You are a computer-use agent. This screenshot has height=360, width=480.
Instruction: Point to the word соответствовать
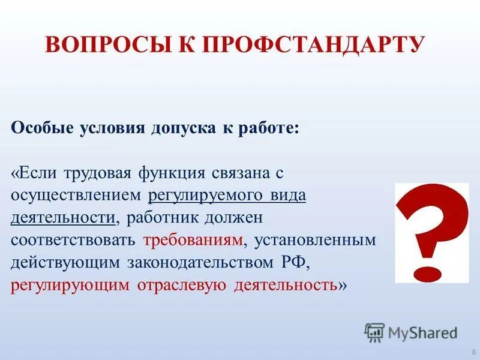(74, 240)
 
